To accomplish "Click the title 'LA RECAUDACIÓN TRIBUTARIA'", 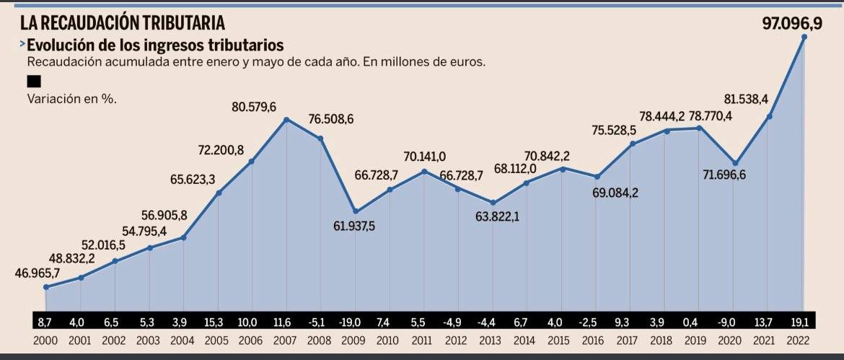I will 117,22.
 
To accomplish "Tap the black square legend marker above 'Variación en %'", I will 33,82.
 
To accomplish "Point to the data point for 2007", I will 287,119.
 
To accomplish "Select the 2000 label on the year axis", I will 46,339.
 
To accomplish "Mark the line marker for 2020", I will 735,163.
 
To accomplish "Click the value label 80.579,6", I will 254,107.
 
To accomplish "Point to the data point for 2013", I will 493,203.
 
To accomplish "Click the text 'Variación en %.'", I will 71,99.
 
